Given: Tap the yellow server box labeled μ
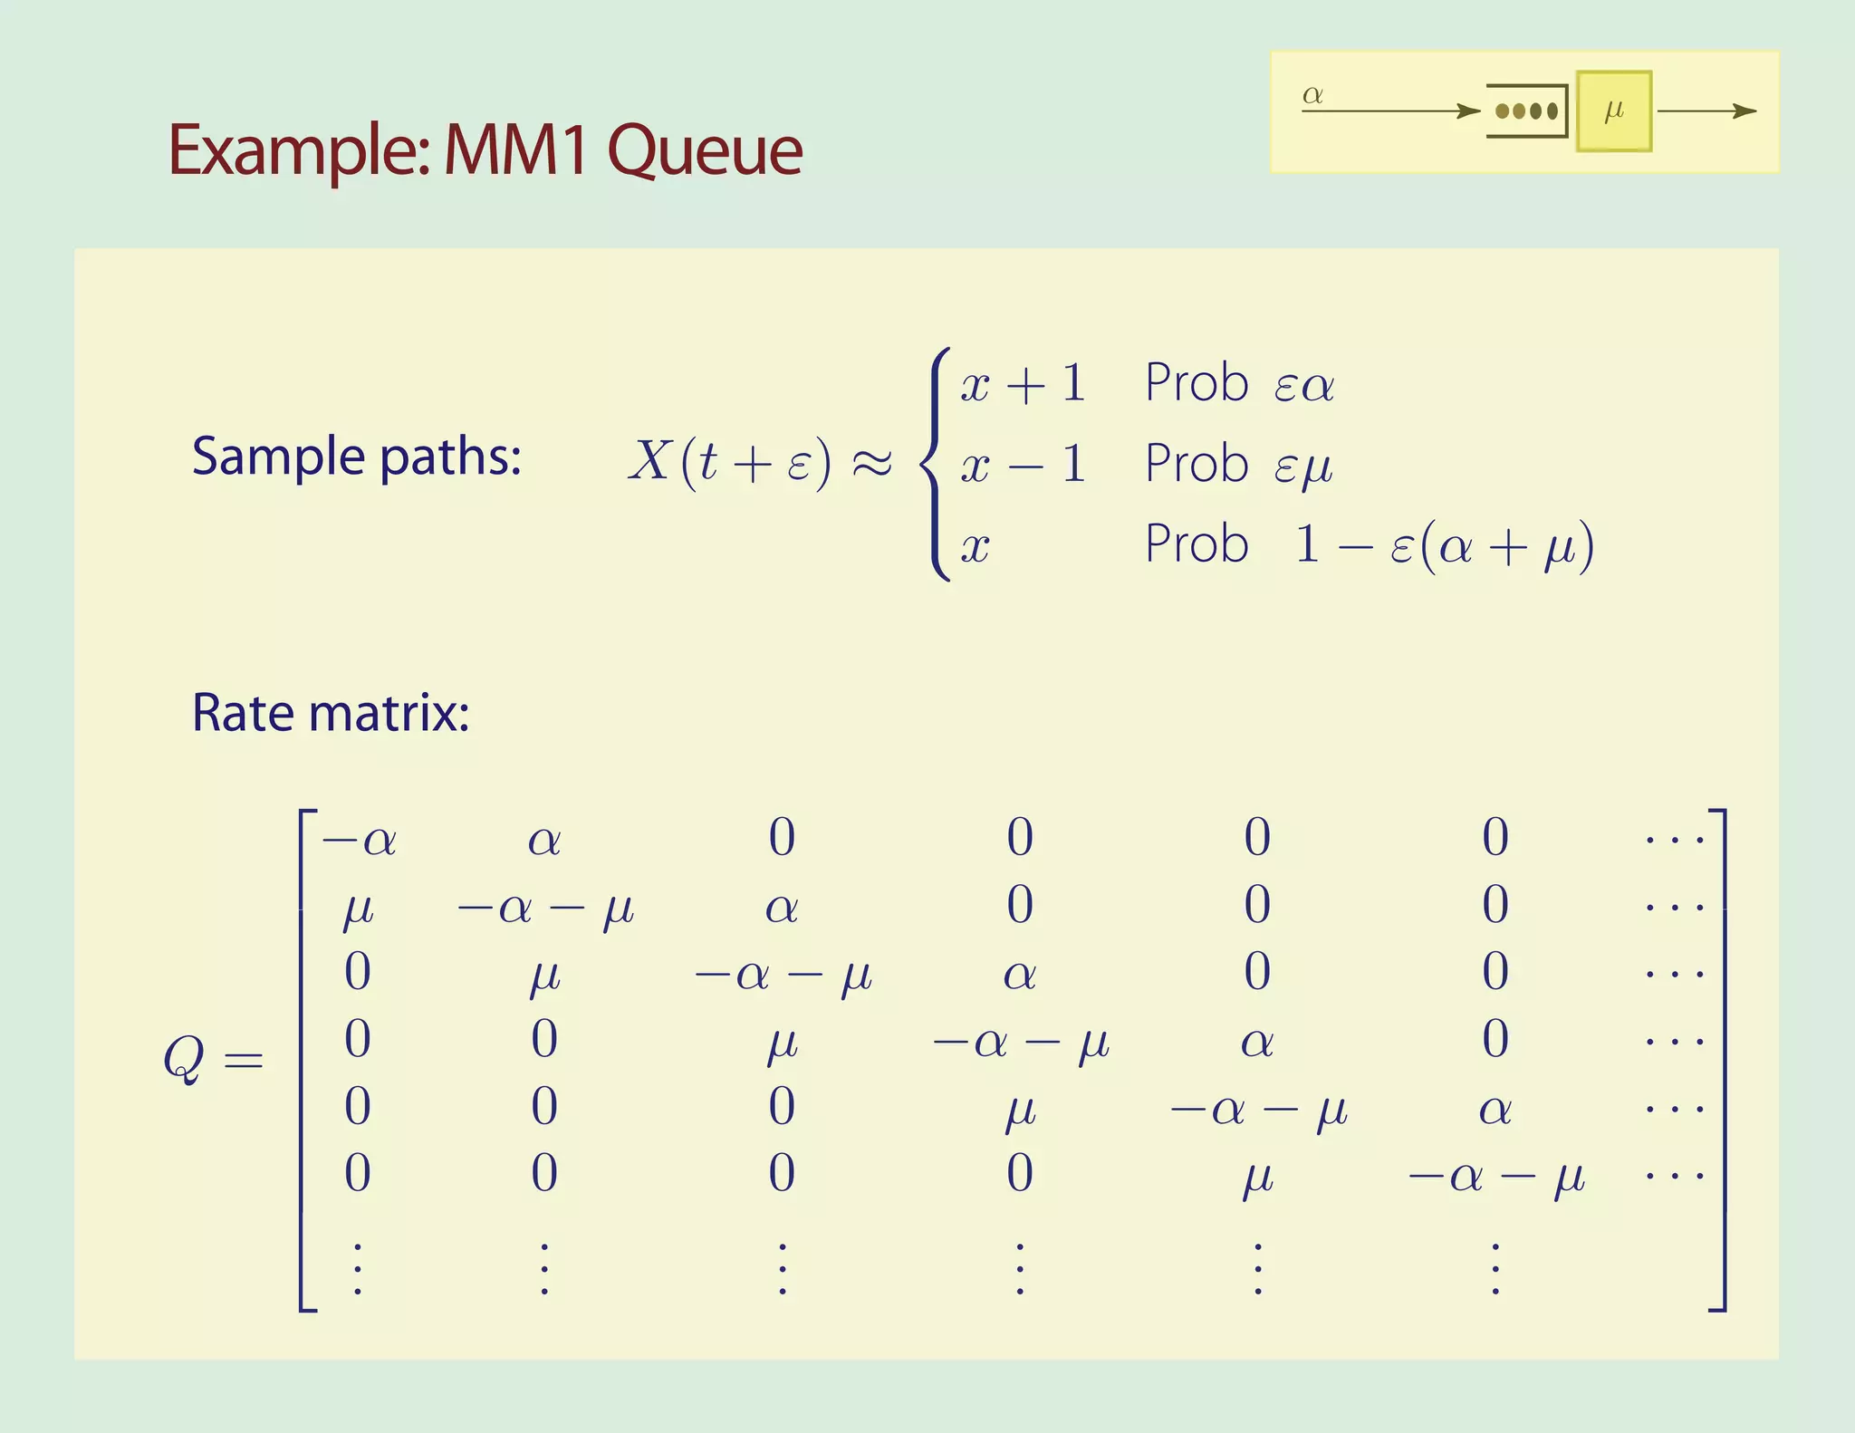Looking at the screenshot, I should [x=1613, y=111].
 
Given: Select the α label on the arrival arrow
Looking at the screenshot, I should [x=1312, y=94].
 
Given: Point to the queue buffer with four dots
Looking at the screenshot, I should [x=1527, y=111].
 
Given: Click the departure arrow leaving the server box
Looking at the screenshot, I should [x=1706, y=111].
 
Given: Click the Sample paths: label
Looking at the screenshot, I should [x=357, y=456].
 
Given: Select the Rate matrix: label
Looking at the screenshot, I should [x=331, y=713].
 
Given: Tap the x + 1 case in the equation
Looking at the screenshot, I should [x=1023, y=384].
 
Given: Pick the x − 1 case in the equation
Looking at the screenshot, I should [x=1023, y=465].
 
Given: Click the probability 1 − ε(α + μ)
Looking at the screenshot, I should [x=1444, y=545].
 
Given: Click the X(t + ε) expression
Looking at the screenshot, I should [x=730, y=462].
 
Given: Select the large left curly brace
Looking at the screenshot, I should [x=937, y=464].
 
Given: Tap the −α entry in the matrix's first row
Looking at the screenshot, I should [x=359, y=840].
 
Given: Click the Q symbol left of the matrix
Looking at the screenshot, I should [x=184, y=1058].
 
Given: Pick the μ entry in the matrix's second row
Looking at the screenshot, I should [x=358, y=908].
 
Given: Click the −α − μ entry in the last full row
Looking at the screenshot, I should [x=1495, y=1177].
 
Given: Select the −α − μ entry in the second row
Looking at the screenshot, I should [x=545, y=908].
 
